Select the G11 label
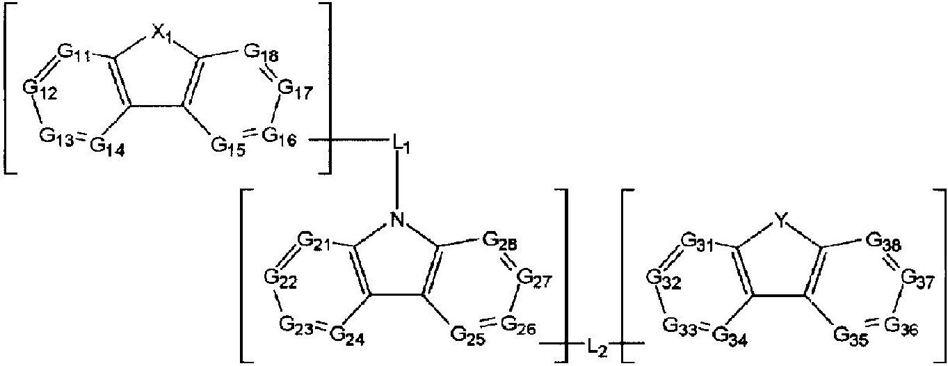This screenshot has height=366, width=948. pos(73,53)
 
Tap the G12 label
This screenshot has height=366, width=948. pos(39,87)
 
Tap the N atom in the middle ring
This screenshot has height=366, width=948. pos(397,221)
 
